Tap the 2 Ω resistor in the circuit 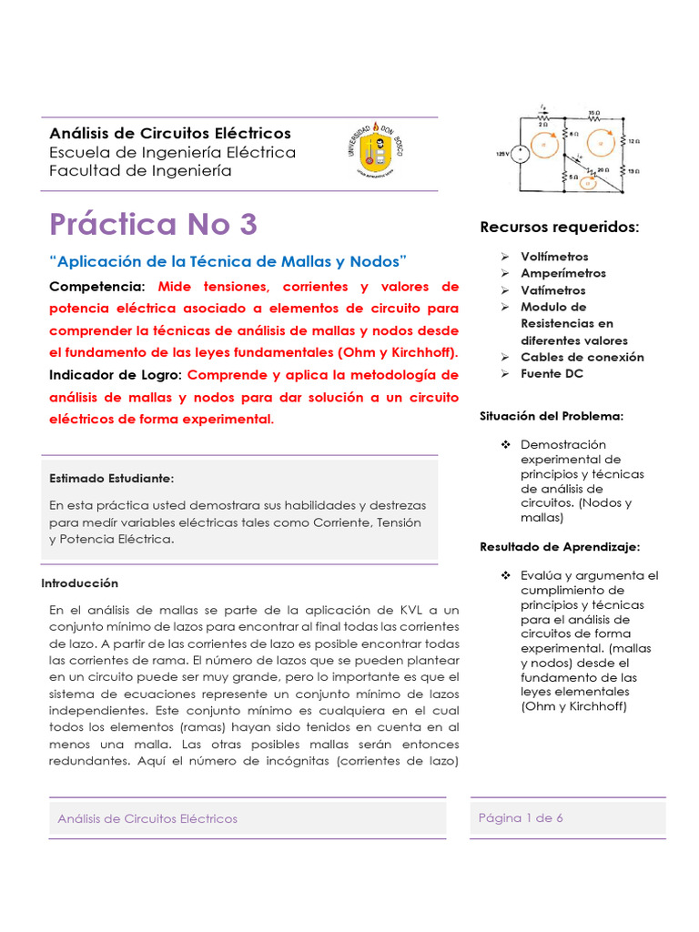(543, 119)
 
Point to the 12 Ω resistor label (634, 141)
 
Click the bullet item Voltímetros (554, 257)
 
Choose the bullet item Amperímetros (562, 273)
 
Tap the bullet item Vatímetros (552, 290)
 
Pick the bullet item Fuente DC (552, 373)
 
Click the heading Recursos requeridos (559, 226)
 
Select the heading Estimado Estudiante (111, 478)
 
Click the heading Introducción (80, 582)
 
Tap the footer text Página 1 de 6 (521, 817)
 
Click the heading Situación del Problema (551, 416)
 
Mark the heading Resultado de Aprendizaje (560, 546)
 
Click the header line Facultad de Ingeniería (140, 170)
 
